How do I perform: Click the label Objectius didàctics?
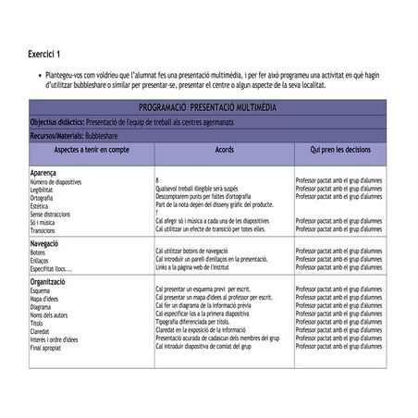coord(56,122)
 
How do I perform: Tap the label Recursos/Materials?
coord(58,135)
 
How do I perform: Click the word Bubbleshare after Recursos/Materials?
coord(107,135)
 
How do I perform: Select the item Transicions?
coord(43,229)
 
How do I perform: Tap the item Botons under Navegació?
coord(38,252)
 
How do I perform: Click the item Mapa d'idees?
coord(45,299)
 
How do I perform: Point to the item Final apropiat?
coord(48,348)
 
